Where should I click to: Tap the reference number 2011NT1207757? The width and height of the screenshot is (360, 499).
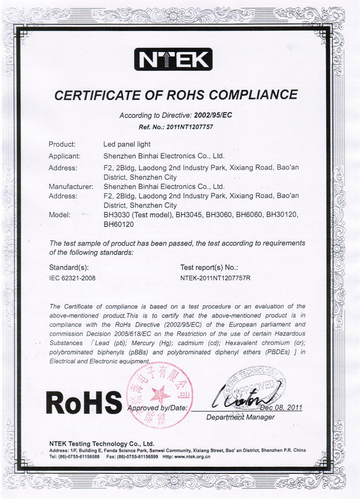click(189, 127)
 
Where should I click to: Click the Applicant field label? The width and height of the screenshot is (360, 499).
click(64, 157)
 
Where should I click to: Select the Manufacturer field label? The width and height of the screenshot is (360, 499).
click(71, 186)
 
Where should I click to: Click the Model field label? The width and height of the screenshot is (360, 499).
click(58, 215)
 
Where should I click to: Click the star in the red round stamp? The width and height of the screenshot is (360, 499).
click(158, 395)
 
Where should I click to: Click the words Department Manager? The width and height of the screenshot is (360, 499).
click(240, 418)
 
